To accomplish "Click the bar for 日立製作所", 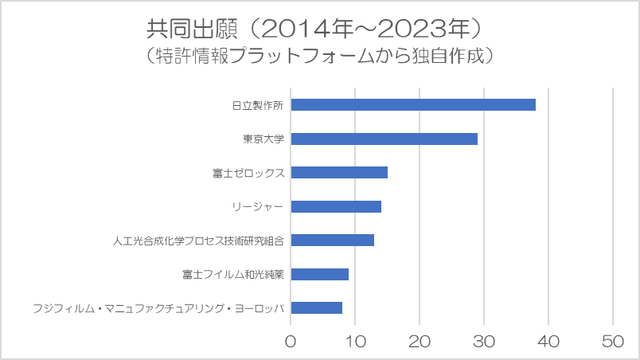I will (413, 104).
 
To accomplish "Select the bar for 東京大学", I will (384, 139).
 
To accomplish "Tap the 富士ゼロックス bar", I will (339, 172).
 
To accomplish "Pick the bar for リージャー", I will (336, 206).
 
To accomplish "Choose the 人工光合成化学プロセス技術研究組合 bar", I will (333, 240).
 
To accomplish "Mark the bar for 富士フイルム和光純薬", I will (320, 274).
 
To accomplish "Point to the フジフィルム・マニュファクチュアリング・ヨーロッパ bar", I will (317, 307).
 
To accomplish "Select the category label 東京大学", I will (264, 139).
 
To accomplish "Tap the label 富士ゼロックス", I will (248, 172).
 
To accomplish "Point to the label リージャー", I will (258, 206).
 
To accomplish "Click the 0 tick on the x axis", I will (291, 340).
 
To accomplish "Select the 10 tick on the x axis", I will (355, 340).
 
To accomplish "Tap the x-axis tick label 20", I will (420, 340).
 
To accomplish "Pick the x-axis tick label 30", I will (484, 340).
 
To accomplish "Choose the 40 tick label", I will (548, 340).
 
